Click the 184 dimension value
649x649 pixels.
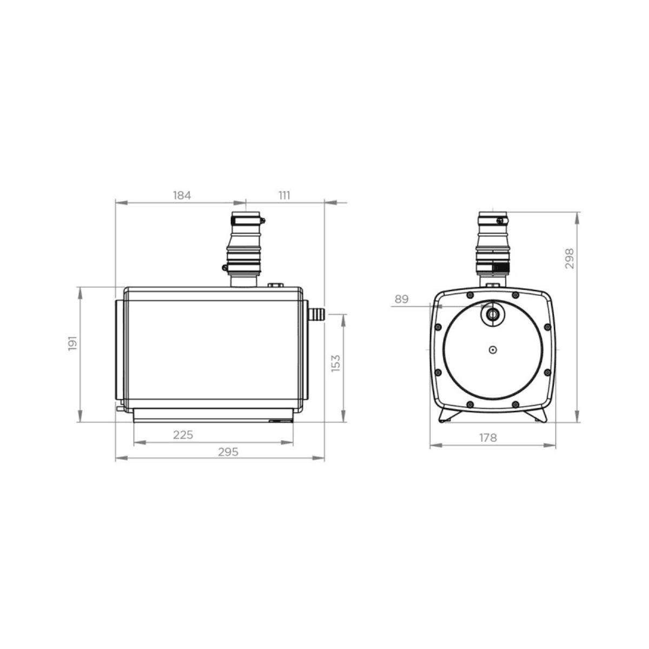182,196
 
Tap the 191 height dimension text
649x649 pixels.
73,343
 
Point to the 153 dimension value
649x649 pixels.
335,363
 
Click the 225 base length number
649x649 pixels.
183,435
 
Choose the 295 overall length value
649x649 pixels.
228,452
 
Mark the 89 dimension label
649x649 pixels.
401,299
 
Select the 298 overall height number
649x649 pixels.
569,258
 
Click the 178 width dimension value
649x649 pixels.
488,438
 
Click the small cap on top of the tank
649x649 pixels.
276,285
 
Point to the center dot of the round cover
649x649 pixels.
492,350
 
